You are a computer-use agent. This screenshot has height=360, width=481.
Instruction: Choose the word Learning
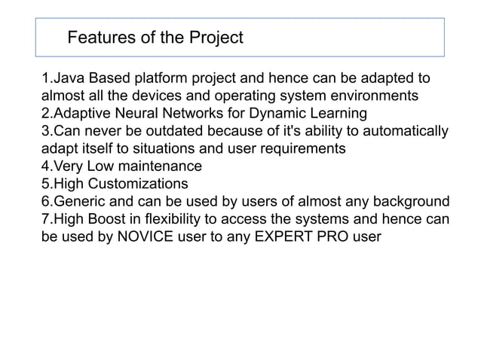pos(342,114)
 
